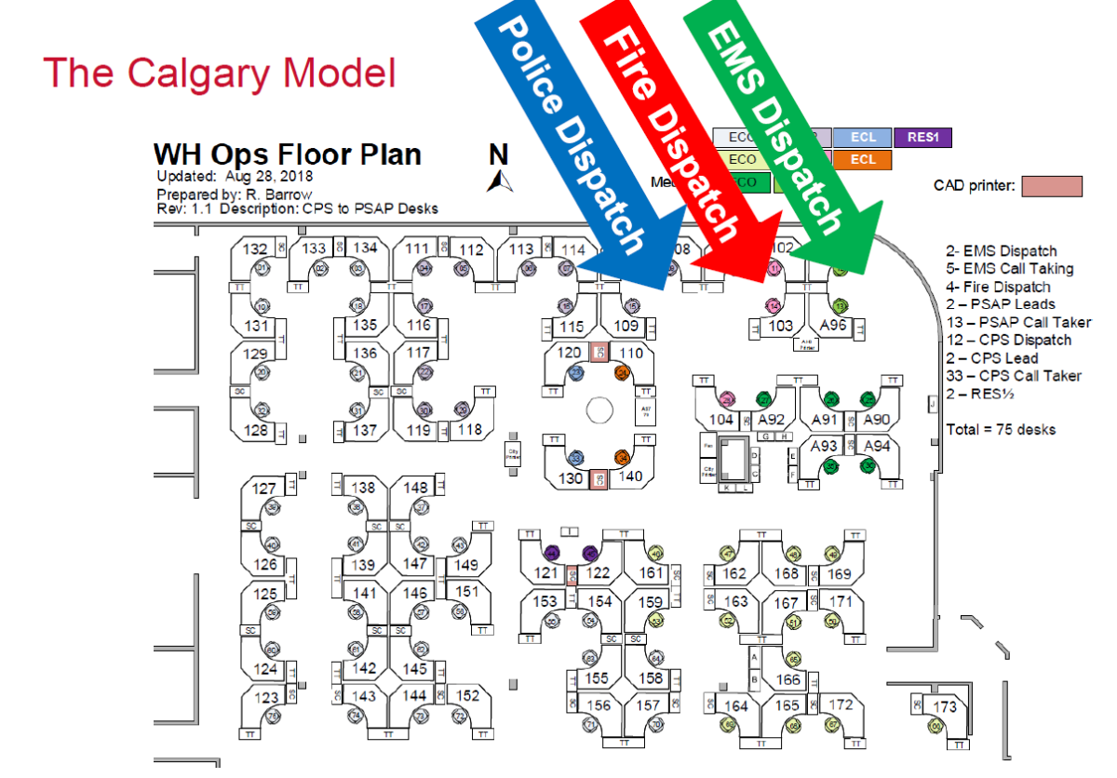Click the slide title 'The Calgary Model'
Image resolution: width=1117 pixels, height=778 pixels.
click(219, 73)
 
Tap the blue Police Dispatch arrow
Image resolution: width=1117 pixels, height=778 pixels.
click(572, 140)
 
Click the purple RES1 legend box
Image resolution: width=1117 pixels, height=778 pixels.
click(922, 138)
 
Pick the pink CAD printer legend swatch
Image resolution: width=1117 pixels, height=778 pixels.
click(1052, 186)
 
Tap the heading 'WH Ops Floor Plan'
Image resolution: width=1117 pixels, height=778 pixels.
click(287, 154)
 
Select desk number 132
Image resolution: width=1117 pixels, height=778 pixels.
click(255, 249)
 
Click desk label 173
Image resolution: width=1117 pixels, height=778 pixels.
click(944, 707)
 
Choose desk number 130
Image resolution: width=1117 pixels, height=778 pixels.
click(569, 477)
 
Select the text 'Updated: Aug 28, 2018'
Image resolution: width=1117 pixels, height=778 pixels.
click(235, 176)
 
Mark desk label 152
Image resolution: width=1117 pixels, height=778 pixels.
click(467, 696)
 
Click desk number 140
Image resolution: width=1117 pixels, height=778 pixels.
click(630, 476)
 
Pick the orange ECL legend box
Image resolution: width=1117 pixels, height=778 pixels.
click(863, 159)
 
